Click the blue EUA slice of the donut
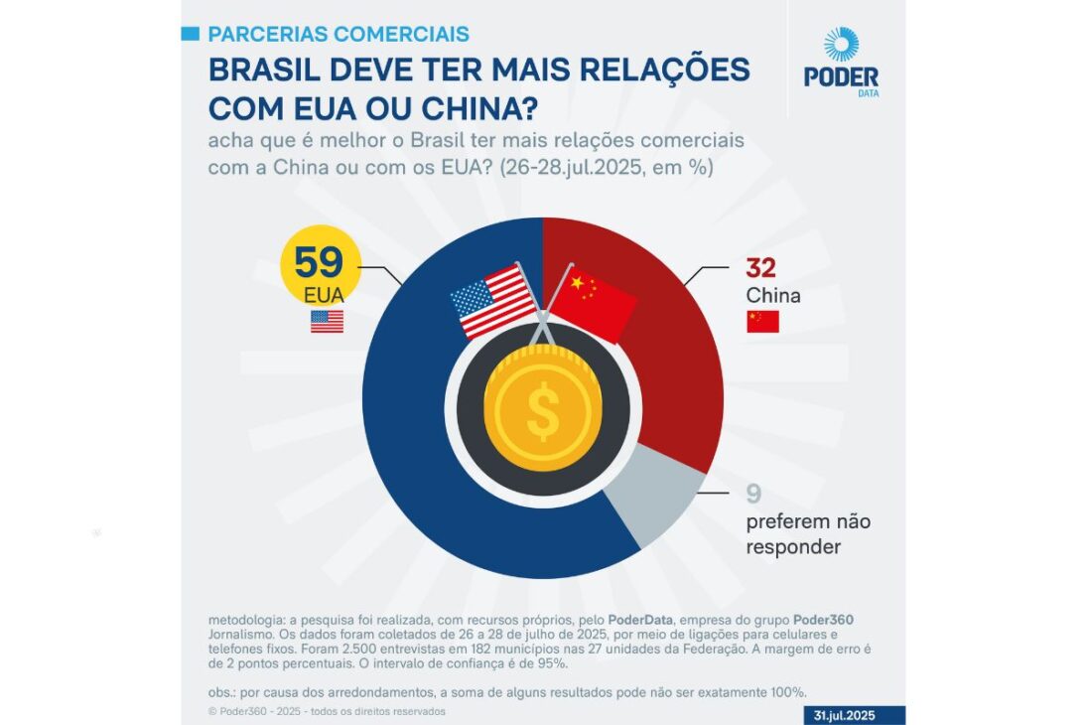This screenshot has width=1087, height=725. [x=417, y=457]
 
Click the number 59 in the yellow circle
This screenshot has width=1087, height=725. [x=318, y=262]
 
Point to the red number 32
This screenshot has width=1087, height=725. [x=760, y=268]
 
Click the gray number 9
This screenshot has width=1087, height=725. [x=753, y=494]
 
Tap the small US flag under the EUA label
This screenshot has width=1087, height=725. [x=327, y=321]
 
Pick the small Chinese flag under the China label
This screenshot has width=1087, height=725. [x=762, y=321]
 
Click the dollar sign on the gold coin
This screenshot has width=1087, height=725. [x=543, y=404]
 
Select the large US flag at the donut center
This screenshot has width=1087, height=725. [x=491, y=300]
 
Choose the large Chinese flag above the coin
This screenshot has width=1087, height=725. [x=594, y=300]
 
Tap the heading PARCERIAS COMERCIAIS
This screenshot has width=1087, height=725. [x=338, y=34]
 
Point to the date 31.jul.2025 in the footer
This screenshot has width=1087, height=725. [x=843, y=715]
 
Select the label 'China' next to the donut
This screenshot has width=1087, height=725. [x=773, y=296]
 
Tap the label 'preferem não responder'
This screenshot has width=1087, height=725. [x=807, y=533]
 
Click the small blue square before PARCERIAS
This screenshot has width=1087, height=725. [x=192, y=34]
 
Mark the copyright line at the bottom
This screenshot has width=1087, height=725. [x=327, y=711]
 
